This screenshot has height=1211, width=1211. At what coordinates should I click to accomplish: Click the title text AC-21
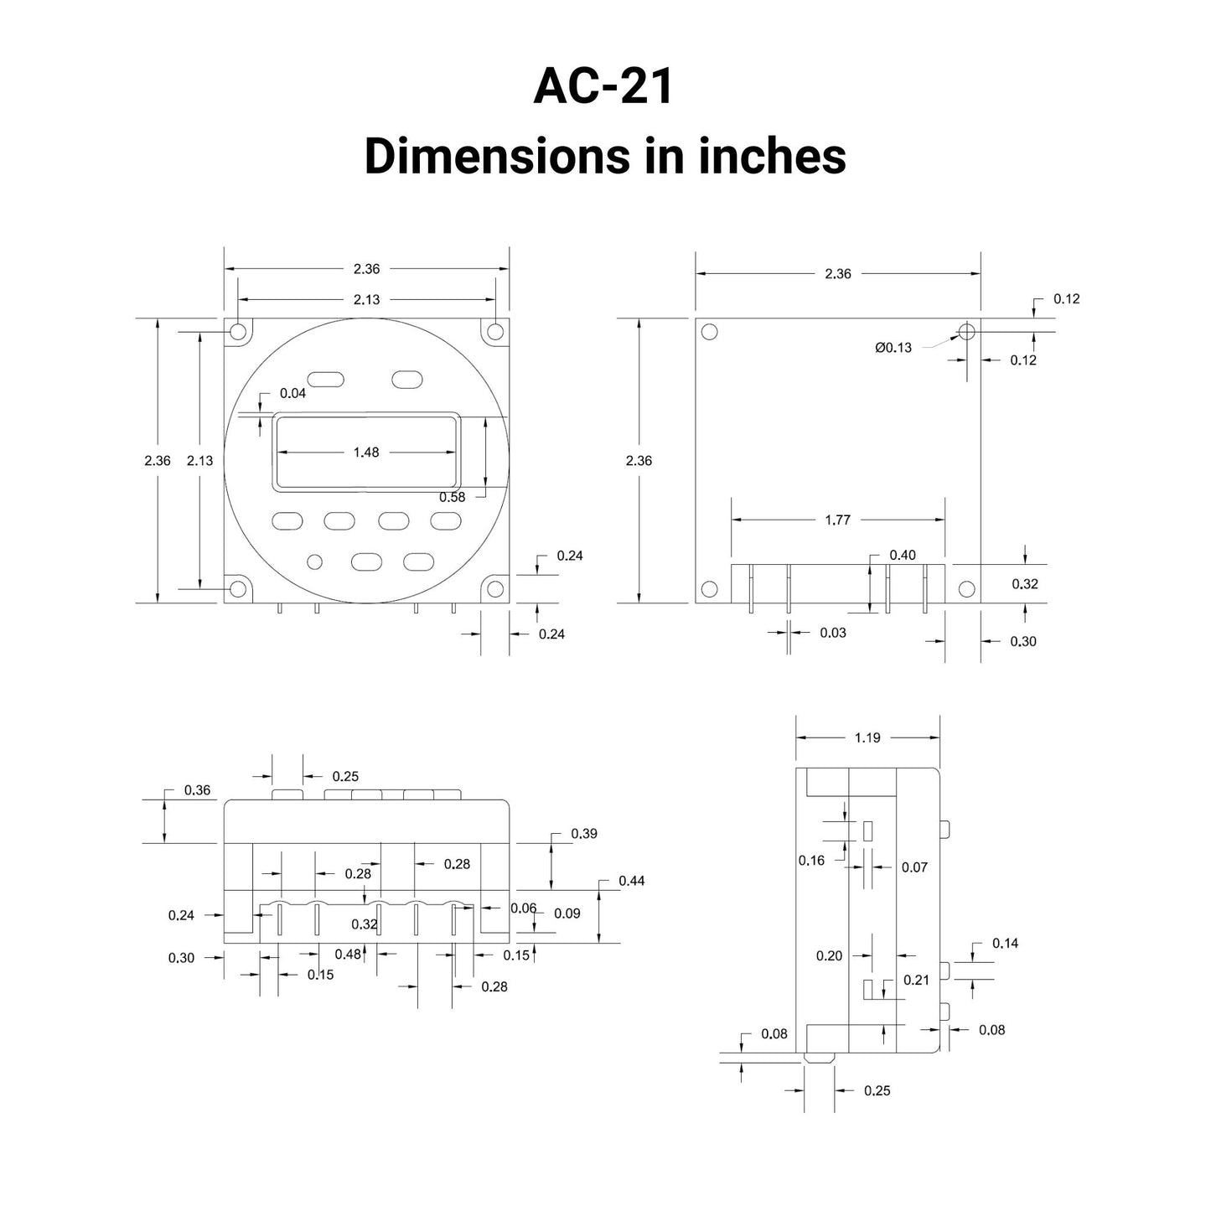click(603, 86)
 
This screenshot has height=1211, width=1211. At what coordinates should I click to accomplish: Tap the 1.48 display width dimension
click(366, 452)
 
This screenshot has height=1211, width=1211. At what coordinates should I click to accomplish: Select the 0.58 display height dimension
click(452, 497)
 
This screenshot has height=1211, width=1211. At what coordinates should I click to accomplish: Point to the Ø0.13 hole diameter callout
click(893, 347)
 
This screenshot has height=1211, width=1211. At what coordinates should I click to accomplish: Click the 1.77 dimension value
click(838, 520)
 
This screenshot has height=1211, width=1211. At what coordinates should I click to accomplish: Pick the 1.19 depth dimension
click(867, 737)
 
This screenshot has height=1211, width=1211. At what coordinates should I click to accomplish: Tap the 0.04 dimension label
click(292, 393)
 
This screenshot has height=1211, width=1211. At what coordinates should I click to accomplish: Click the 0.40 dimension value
click(903, 555)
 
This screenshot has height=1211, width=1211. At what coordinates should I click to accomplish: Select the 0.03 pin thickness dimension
click(833, 633)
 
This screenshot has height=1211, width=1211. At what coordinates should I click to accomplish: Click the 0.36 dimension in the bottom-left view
click(197, 790)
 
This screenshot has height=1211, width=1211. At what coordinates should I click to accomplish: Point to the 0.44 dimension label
click(632, 881)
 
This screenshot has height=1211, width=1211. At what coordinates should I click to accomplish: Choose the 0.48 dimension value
click(348, 954)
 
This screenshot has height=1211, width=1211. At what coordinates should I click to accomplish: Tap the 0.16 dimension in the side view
click(811, 861)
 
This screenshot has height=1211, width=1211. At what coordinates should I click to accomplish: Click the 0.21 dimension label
click(916, 980)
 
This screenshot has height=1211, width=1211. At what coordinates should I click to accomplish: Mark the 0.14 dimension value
click(1006, 943)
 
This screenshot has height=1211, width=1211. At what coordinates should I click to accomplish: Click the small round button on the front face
click(314, 562)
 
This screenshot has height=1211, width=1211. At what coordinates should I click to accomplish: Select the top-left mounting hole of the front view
click(238, 331)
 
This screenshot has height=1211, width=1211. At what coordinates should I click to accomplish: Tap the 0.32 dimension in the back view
click(1025, 584)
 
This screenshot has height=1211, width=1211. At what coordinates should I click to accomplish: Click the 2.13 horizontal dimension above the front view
click(366, 299)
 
